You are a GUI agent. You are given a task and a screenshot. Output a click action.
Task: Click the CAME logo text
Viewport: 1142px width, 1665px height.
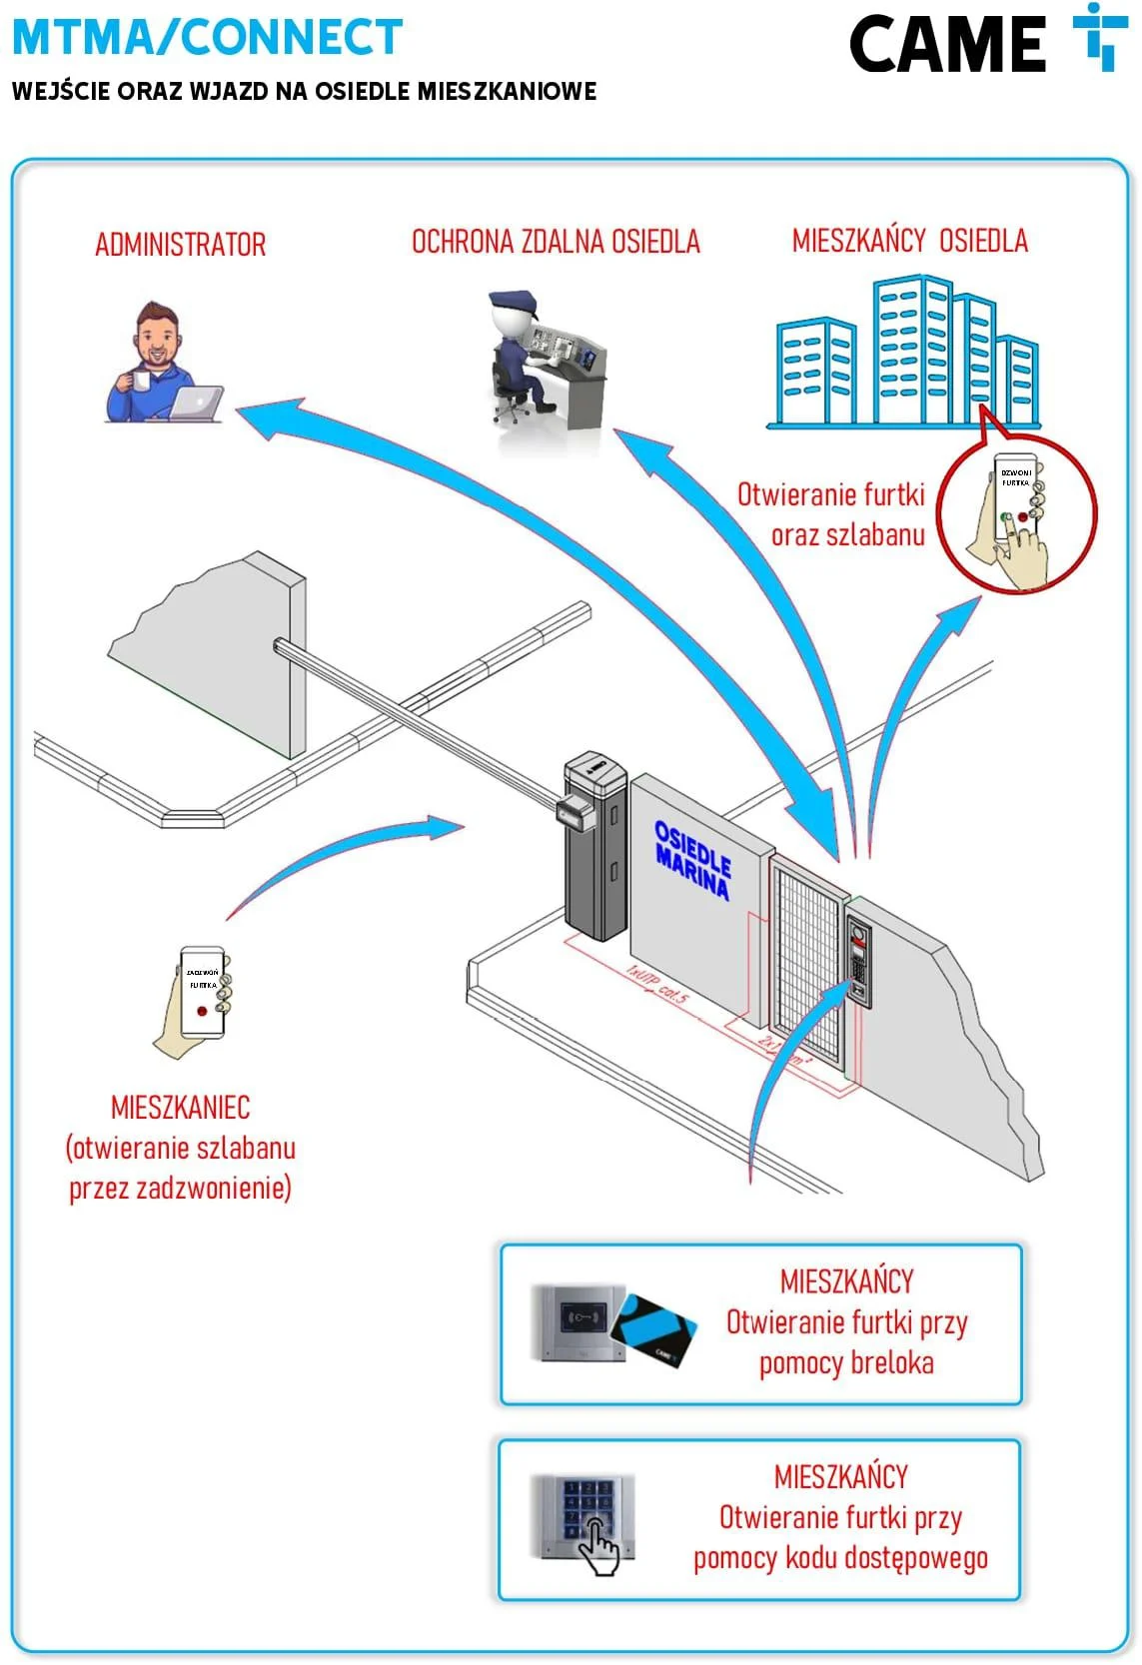(x=946, y=45)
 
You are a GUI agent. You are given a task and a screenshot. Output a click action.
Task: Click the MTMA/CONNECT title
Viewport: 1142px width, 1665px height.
(x=207, y=37)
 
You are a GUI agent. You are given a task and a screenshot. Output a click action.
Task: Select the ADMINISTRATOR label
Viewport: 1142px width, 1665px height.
(x=180, y=245)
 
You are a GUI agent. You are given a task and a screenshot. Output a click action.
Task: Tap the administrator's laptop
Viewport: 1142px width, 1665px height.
(x=196, y=404)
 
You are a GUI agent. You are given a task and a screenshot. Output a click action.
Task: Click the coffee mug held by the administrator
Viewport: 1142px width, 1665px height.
(x=139, y=382)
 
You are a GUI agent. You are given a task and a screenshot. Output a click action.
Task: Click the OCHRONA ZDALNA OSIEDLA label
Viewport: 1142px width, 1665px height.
(x=556, y=242)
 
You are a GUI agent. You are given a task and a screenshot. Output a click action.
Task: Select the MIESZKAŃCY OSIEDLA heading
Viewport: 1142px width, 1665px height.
(x=909, y=241)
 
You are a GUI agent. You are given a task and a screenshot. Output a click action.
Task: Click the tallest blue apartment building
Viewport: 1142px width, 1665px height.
(x=910, y=350)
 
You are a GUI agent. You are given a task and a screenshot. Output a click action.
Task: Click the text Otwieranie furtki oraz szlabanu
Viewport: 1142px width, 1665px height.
(x=831, y=514)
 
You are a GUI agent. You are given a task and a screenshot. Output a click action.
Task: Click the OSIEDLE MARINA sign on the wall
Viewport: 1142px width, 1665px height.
(x=692, y=858)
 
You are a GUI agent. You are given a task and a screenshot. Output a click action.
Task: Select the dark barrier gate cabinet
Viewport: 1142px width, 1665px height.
(x=595, y=849)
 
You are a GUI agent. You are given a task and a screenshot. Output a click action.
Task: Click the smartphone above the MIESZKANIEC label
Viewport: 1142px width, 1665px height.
(x=202, y=991)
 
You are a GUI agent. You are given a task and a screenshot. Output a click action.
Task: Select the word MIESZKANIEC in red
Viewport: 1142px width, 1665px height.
(x=181, y=1107)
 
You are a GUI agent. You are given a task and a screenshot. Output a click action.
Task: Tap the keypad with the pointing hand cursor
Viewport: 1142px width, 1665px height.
(x=582, y=1515)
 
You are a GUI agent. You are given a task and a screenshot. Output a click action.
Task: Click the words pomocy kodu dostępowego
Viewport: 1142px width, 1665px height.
(x=840, y=1558)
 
